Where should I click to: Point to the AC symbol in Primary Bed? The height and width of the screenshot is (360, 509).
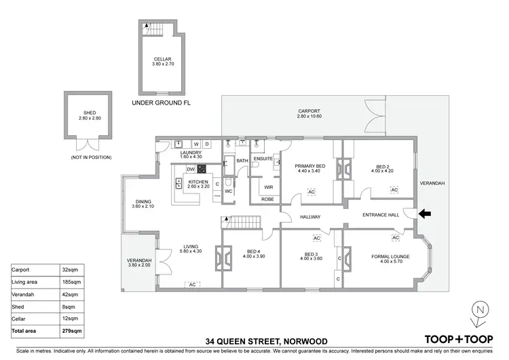tap(312, 192)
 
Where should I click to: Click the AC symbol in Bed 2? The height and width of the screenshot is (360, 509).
tap(394, 190)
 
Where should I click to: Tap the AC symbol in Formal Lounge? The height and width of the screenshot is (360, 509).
tap(395, 238)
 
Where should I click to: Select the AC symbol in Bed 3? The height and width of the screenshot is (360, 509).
tap(316, 238)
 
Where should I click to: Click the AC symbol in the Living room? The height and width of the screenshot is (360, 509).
tap(193, 284)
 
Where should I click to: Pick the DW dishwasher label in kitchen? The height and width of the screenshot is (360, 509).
tap(191, 169)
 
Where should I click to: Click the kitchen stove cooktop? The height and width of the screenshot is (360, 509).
tap(202, 169)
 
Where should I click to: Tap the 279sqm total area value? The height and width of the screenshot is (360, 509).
tap(73, 330)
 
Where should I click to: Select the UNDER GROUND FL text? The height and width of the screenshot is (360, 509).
tap(162, 103)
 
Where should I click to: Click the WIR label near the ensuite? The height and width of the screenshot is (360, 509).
tap(269, 187)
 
